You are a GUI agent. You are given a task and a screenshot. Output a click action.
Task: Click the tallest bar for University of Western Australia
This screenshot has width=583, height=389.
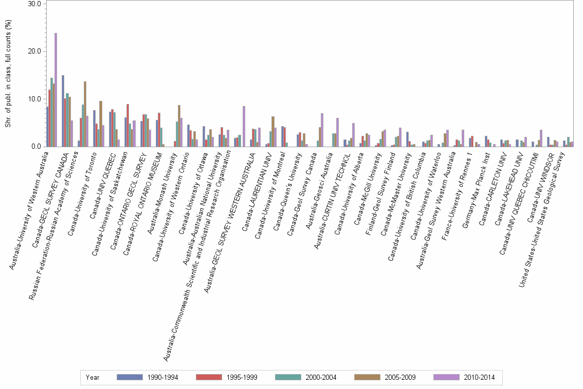(x=56, y=90)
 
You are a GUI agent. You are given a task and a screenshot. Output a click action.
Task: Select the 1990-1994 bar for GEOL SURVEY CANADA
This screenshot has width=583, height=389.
(x=63, y=111)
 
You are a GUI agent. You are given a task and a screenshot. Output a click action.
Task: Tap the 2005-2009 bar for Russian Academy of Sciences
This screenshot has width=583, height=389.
(x=85, y=114)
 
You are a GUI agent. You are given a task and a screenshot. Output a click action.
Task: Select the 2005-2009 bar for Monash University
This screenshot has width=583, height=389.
(x=179, y=126)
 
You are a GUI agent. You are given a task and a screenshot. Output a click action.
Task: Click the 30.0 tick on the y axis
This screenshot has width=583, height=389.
(x=34, y=4)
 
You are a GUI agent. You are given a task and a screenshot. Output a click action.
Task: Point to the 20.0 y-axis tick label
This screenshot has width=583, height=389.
(x=34, y=51)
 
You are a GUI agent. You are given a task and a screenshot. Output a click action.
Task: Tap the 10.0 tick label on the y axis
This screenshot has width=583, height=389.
(x=34, y=99)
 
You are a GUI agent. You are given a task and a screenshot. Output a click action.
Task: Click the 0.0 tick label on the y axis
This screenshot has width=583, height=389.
(x=36, y=147)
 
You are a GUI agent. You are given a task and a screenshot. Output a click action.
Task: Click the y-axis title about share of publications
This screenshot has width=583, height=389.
(x=8, y=75)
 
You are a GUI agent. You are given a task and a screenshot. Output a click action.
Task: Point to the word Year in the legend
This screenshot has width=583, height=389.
(x=93, y=377)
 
